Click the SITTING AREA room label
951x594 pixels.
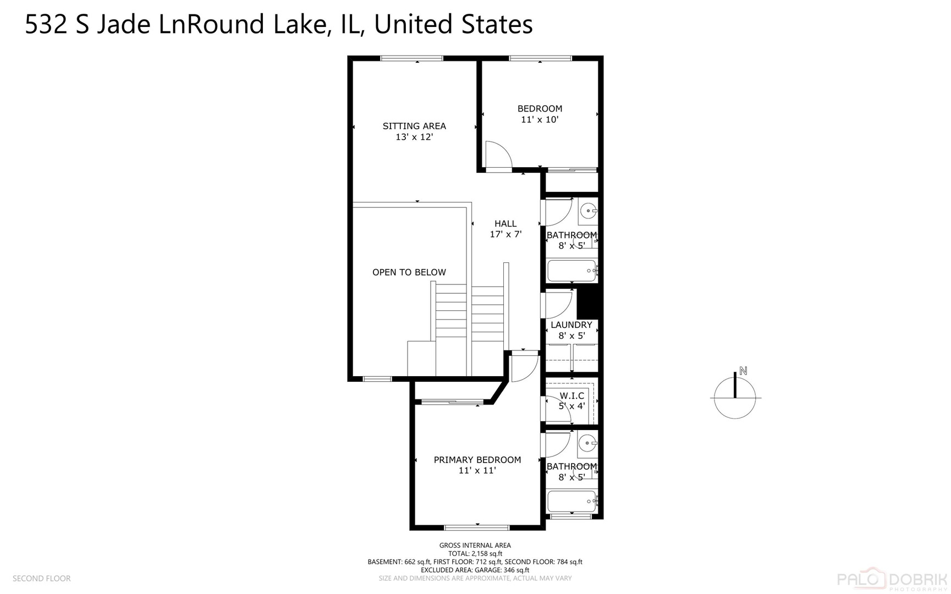[414, 126]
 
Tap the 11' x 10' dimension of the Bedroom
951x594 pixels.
[540, 119]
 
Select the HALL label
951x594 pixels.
[505, 223]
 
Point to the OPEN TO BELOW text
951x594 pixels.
[409, 272]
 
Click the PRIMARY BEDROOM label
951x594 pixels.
[477, 460]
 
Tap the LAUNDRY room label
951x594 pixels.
[571, 325]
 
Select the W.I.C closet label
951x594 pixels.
[571, 395]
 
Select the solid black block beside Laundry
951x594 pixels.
[590, 304]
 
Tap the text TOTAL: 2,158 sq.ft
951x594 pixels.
[475, 554]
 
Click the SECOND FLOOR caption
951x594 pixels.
[42, 579]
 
